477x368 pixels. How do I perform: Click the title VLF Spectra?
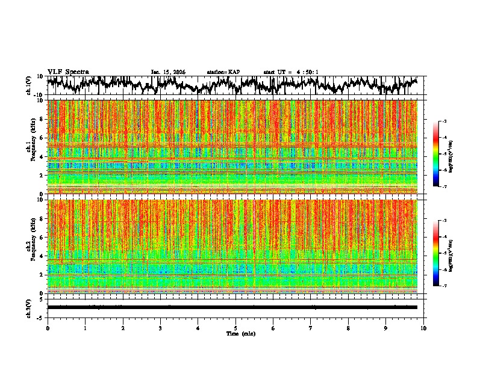pyautogui.click(x=68, y=72)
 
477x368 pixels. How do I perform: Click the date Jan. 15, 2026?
pyautogui.click(x=168, y=72)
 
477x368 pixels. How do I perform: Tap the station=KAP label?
pyautogui.click(x=223, y=72)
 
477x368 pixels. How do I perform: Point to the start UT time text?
pyautogui.click(x=291, y=72)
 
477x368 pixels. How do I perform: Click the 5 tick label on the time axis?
pyautogui.click(x=235, y=328)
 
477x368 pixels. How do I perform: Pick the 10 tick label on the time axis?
pyautogui.click(x=423, y=328)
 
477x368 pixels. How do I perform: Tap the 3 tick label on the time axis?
pyautogui.click(x=160, y=328)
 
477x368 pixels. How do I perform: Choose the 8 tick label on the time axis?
pyautogui.click(x=348, y=328)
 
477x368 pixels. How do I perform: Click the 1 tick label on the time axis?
pyautogui.click(x=85, y=328)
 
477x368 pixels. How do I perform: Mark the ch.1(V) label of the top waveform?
pyautogui.click(x=29, y=85)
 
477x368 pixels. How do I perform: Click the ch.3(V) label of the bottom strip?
pyautogui.click(x=29, y=307)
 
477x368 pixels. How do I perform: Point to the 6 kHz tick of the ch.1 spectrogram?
pyautogui.click(x=42, y=138)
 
